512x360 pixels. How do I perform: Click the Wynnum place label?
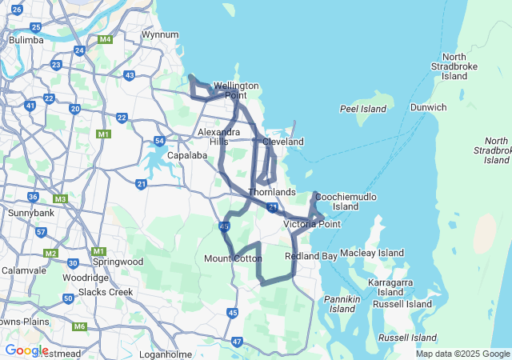point(159,35)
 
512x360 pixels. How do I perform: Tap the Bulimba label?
point(26,39)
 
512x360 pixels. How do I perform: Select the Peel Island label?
point(358,108)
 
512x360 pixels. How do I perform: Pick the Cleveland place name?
point(283,142)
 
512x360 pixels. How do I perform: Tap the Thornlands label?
point(272,193)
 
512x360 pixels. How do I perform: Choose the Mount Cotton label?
point(233,258)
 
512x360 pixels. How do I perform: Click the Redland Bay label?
point(311,256)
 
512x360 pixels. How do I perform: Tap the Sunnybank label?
point(30,214)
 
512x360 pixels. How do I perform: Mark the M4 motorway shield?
point(105,39)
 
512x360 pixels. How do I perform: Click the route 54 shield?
point(160,141)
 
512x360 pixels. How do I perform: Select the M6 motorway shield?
point(79,326)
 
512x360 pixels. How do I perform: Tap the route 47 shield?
point(237,342)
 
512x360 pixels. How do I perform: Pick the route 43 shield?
point(130,75)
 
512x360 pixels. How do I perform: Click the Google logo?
point(26,350)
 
